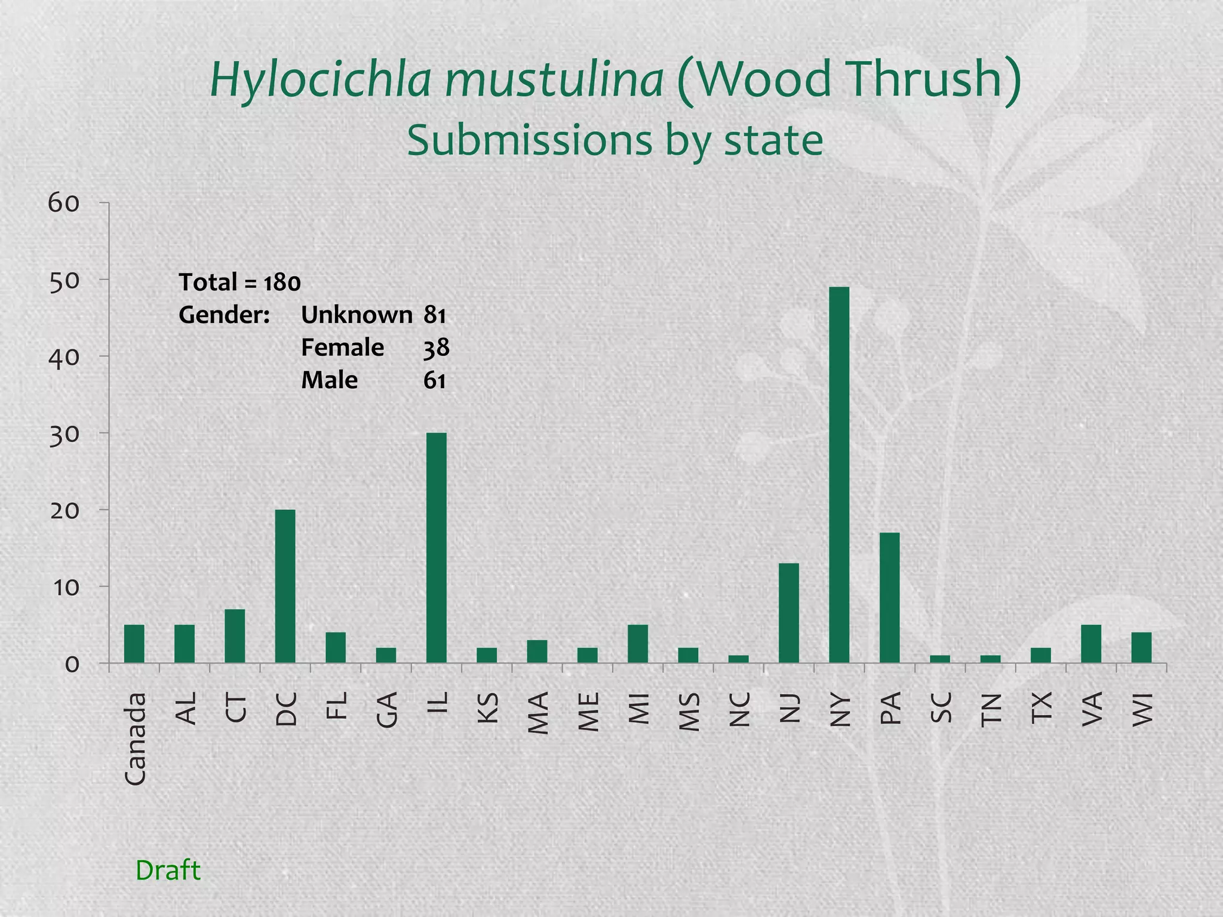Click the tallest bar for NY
(x=839, y=475)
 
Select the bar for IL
(x=436, y=547)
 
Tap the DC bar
(x=285, y=586)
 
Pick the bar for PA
(x=890, y=597)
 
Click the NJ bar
(x=789, y=613)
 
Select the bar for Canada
(x=134, y=644)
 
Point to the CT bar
(x=235, y=636)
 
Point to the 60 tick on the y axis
(x=63, y=204)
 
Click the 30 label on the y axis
(x=63, y=434)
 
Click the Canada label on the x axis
(x=135, y=738)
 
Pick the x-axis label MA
(x=538, y=713)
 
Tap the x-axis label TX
(x=1041, y=708)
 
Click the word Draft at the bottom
(x=168, y=870)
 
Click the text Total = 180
(x=239, y=282)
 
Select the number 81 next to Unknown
(x=435, y=315)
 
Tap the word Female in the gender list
(x=342, y=347)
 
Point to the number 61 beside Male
(x=435, y=380)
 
